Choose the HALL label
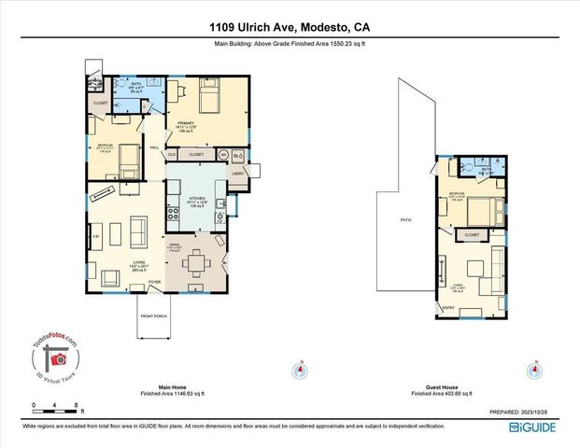154,147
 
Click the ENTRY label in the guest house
447,307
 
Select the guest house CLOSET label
472,235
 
